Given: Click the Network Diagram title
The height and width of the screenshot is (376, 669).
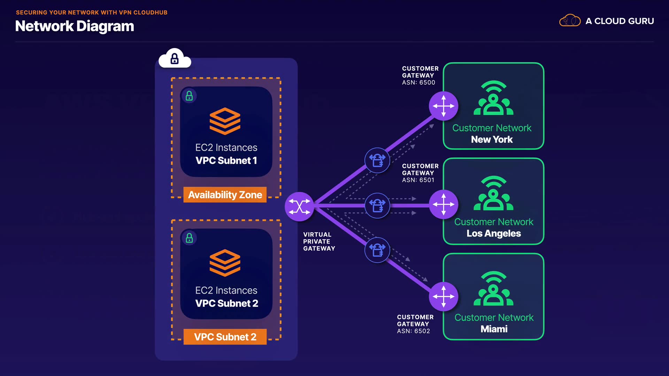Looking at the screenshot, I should (x=75, y=26).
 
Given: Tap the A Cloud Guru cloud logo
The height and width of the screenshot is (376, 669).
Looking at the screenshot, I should (x=570, y=21).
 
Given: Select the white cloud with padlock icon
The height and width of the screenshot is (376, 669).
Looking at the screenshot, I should (x=175, y=58).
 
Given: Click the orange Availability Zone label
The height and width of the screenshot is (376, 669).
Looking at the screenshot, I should (x=225, y=195).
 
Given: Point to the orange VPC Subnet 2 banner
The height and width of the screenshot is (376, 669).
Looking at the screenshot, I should (x=225, y=337).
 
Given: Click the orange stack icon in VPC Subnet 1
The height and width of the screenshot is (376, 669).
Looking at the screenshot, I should (x=225, y=121).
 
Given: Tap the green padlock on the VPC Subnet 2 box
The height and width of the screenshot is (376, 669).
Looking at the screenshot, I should (x=189, y=238).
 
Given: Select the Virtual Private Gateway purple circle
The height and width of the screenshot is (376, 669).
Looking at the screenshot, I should (x=299, y=206).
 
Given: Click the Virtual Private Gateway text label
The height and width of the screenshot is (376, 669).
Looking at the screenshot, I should (x=319, y=241).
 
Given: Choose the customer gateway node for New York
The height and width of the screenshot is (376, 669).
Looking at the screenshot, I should (x=443, y=106).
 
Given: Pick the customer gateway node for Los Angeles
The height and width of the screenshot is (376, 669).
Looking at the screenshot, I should (x=443, y=204).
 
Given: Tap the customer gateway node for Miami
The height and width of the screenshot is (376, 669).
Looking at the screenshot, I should (x=443, y=296).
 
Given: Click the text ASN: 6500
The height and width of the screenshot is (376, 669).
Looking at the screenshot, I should (x=418, y=83).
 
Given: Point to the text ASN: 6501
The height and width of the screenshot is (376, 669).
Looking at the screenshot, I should (x=418, y=180).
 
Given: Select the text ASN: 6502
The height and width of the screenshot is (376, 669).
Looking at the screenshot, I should (x=413, y=331).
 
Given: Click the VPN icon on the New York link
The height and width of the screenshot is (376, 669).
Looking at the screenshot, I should (x=377, y=160).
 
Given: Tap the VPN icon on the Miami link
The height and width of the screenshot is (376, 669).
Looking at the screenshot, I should (x=377, y=250).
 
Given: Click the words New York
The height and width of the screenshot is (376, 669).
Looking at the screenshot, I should (x=492, y=140).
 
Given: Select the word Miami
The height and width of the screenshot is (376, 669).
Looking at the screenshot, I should (x=494, y=329).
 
